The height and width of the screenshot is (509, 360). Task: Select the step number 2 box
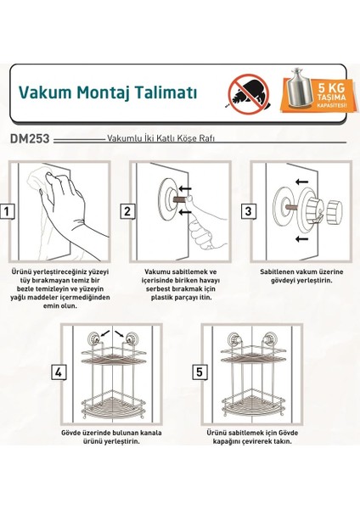127,212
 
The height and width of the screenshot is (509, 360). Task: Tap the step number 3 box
249,212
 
